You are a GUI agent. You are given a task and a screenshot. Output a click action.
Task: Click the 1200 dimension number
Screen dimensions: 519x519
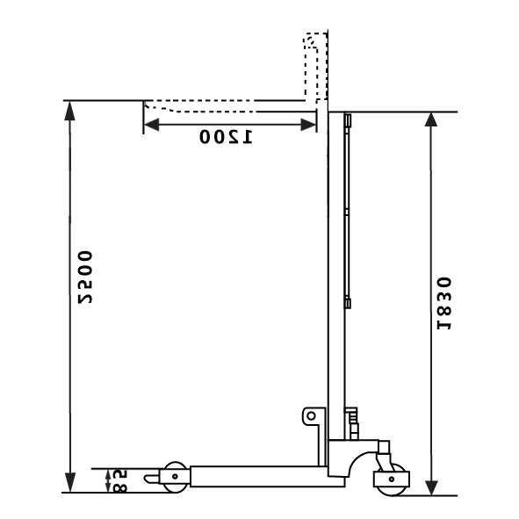click(226, 136)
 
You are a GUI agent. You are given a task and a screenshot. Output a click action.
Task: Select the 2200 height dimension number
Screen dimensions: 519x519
click(85, 278)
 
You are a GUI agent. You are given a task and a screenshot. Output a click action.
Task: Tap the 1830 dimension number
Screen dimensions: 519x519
click(444, 303)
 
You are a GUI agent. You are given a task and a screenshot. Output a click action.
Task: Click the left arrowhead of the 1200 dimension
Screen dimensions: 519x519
click(151, 125)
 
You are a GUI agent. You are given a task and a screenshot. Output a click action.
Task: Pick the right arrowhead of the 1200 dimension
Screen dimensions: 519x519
click(308, 125)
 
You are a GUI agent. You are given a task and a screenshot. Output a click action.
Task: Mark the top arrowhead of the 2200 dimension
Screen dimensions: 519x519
click(69, 111)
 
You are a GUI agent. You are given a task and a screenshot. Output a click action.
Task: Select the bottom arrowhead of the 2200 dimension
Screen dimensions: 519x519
click(70, 483)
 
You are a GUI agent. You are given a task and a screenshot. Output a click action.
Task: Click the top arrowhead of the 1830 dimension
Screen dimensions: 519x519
click(431, 119)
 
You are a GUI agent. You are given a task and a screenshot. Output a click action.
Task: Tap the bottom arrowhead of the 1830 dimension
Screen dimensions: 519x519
click(431, 488)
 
